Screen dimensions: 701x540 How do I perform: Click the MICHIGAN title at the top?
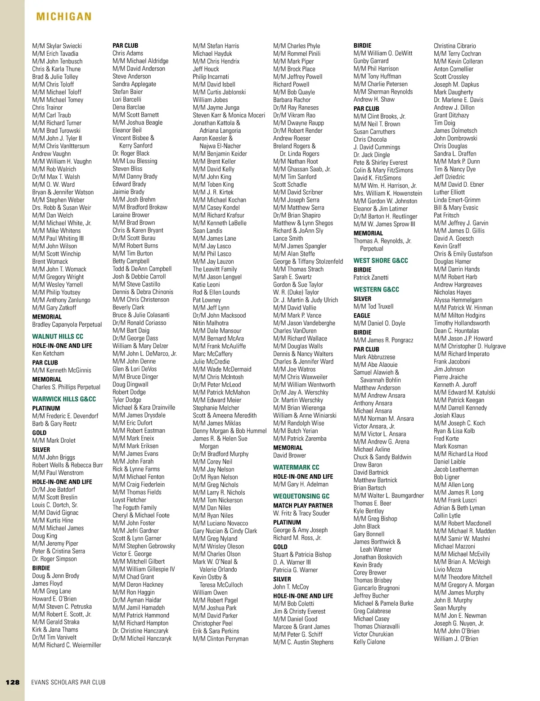(64, 17)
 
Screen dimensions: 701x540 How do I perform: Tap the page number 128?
(13, 682)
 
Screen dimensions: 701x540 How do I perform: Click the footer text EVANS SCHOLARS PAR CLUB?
(68, 682)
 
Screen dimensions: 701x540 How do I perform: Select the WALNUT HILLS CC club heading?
(58, 336)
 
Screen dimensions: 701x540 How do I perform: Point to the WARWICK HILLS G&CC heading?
(64, 399)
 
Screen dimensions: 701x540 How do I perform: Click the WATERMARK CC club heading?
(296, 467)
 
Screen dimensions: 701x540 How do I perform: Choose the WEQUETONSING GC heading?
(301, 496)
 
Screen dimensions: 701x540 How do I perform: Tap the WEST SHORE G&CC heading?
(381, 261)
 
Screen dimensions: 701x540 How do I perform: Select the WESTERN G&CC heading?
(376, 289)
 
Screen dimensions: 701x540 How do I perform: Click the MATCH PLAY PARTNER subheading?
(303, 505)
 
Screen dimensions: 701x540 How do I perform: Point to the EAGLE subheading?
(362, 315)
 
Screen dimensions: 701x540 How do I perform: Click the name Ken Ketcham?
(48, 353)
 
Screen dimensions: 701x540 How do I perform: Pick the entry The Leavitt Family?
(215, 269)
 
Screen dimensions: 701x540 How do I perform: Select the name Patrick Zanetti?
(371, 277)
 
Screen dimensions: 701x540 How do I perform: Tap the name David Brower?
(289, 455)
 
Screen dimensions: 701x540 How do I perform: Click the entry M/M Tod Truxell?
(373, 306)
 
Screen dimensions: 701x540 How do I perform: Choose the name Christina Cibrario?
(454, 46)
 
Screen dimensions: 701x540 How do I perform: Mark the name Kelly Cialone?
(369, 642)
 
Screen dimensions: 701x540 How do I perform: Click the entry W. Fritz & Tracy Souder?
(301, 513)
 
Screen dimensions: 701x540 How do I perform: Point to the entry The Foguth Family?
(135, 508)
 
